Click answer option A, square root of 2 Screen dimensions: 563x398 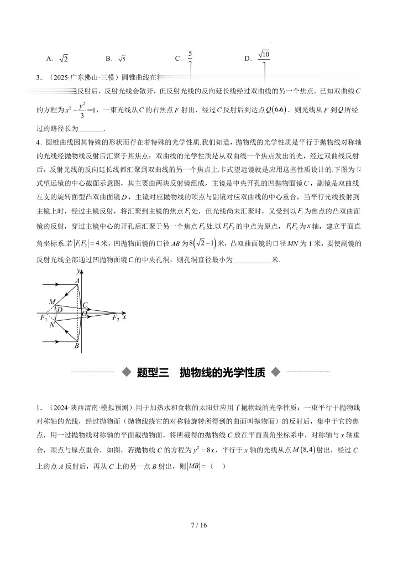click(57, 58)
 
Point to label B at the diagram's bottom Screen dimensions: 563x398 click(77, 346)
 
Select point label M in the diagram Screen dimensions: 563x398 click(51, 301)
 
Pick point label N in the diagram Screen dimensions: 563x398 click(51, 325)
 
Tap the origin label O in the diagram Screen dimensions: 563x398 click(85, 314)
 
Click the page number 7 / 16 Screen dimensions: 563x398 click(198, 524)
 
